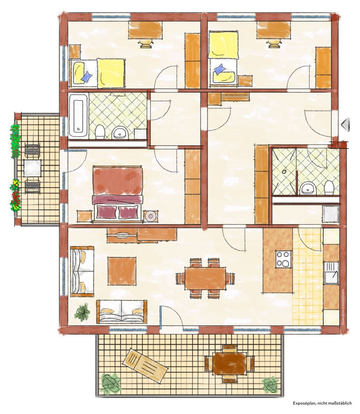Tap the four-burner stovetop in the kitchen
click(x=284, y=259)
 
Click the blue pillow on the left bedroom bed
click(x=86, y=77)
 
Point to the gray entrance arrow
click(x=346, y=125)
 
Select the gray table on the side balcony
click(x=32, y=168)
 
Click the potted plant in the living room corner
click(x=82, y=313)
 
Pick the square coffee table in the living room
click(x=121, y=271)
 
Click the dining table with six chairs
click(x=205, y=278)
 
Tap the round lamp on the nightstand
click(x=151, y=216)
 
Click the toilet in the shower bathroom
click(x=329, y=188)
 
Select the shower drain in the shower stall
click(x=284, y=172)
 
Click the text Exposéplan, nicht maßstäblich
click(x=322, y=397)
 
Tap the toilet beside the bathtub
click(x=99, y=132)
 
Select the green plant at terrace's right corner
click(x=271, y=384)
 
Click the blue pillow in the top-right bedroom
click(x=220, y=69)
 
